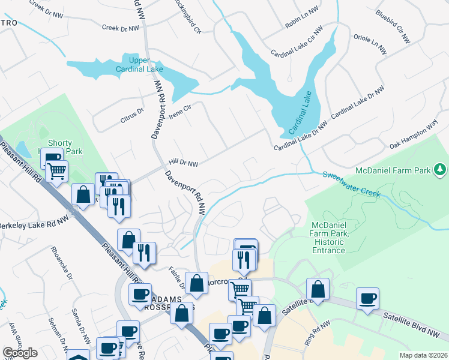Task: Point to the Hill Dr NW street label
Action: pyautogui.click(x=183, y=163)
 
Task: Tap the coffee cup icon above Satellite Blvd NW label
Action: pyautogui.click(x=367, y=298)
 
